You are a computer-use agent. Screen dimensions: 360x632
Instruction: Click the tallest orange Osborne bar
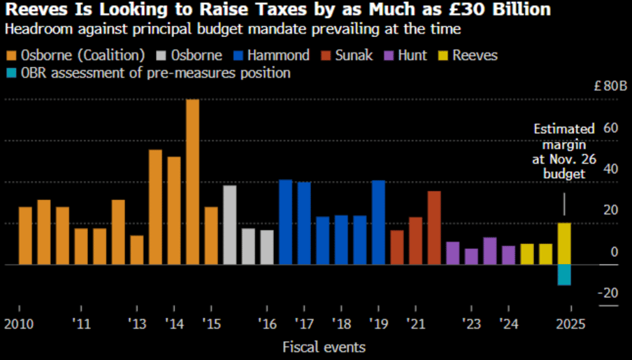tap(192, 182)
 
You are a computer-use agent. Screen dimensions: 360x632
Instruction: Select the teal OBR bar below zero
tap(564, 275)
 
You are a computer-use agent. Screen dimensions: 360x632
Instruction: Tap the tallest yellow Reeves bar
tap(564, 243)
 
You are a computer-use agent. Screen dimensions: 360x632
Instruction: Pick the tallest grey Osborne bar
tap(229, 224)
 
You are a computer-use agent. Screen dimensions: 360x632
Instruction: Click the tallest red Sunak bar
tap(434, 227)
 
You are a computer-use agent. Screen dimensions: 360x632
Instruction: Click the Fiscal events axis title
tap(324, 346)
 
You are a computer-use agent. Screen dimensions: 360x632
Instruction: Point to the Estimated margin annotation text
tap(564, 151)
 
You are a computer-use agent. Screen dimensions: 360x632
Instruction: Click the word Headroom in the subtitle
tap(35, 29)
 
